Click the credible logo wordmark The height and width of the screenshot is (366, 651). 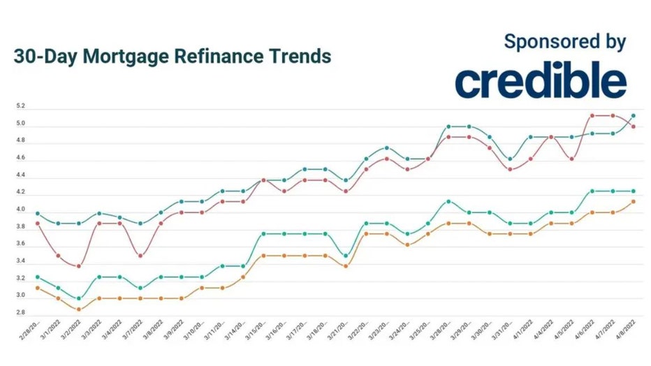click(x=541, y=82)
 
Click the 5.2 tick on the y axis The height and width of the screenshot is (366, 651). click(x=21, y=107)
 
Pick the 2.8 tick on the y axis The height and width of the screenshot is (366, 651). click(x=21, y=313)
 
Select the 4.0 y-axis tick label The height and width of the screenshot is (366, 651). click(x=21, y=210)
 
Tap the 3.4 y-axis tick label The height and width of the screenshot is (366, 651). click(x=21, y=261)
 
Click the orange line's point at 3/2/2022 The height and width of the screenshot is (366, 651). click(x=79, y=309)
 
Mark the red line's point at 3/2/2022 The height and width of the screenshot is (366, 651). click(x=79, y=266)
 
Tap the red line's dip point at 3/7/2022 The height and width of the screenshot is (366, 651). click(x=140, y=256)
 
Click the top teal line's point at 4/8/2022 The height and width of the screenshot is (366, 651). click(x=633, y=116)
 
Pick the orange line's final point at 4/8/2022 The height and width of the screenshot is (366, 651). click(x=633, y=202)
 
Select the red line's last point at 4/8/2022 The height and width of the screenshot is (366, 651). click(x=633, y=126)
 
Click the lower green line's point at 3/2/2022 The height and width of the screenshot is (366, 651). click(x=79, y=298)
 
